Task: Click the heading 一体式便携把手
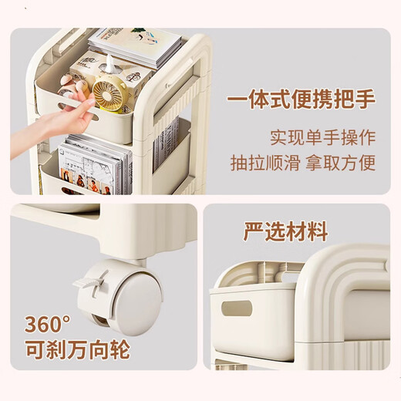tap(301, 99)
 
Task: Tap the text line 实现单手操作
tap(323, 138)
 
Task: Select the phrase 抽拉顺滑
tap(265, 163)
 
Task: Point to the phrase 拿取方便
tap(341, 163)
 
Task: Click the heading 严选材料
tap(285, 231)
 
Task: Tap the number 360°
tap(47, 324)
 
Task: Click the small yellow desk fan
tap(110, 94)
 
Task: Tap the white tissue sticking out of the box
tap(110, 63)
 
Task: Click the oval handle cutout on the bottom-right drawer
tap(237, 308)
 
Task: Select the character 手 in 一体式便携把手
tap(366, 99)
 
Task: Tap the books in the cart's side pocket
tap(166, 144)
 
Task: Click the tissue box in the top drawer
tap(110, 77)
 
